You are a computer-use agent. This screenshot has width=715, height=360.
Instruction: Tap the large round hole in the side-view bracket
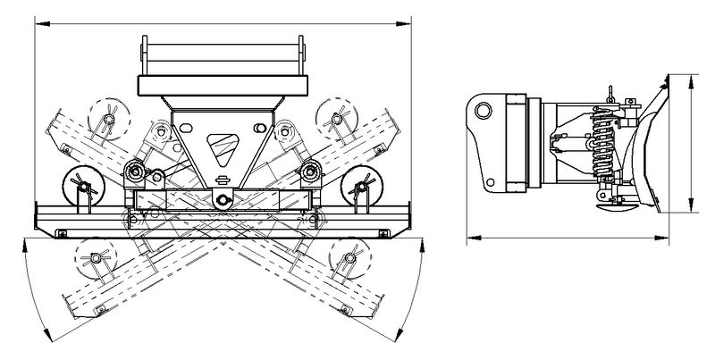pyautogui.click(x=484, y=111)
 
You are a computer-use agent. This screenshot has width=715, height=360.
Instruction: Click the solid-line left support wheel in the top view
pyautogui.click(x=80, y=187)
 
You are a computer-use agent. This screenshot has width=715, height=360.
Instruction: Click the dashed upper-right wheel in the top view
pyautogui.click(x=334, y=115)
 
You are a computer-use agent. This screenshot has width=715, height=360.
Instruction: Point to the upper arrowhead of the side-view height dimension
pyautogui.click(x=692, y=79)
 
